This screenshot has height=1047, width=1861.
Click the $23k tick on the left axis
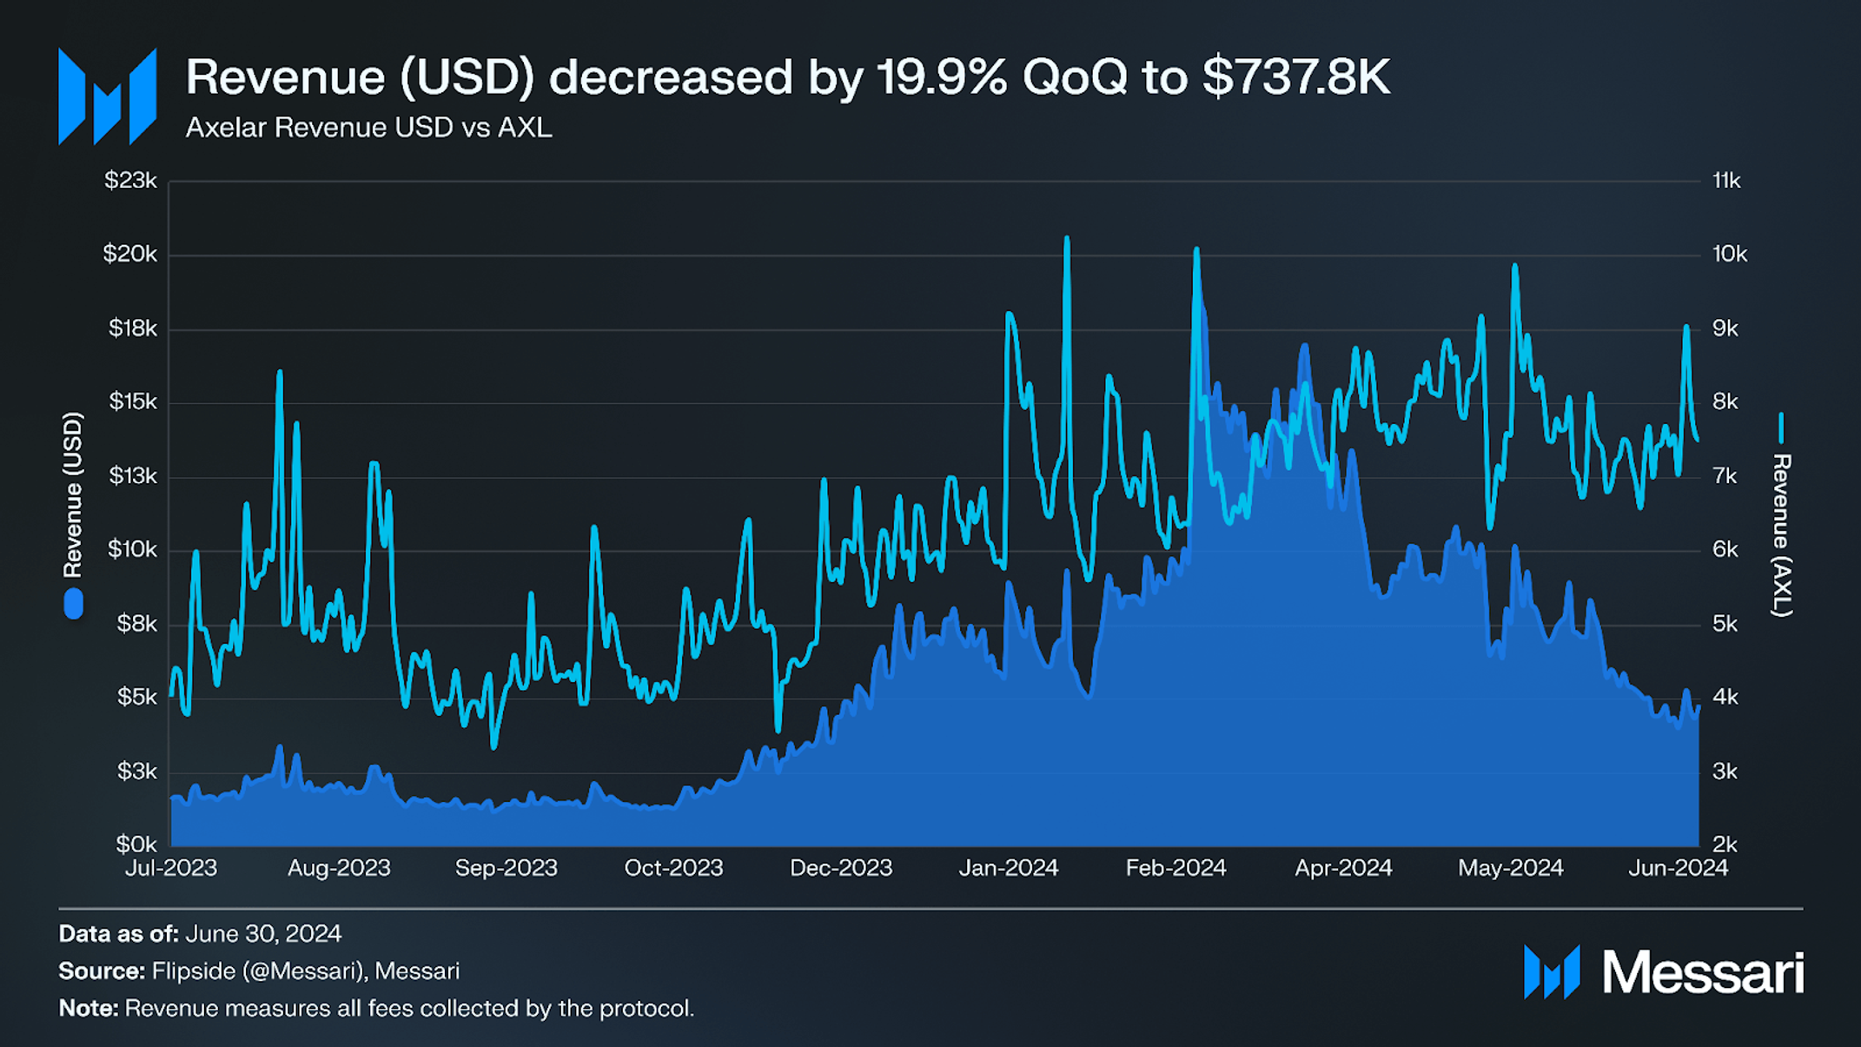tap(130, 181)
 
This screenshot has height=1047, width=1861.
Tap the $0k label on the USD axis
tap(136, 844)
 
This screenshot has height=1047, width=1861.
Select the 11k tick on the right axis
tap(1726, 181)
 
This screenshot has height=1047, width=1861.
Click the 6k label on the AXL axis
tap(1725, 550)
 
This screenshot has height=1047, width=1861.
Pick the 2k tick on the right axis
tap(1725, 844)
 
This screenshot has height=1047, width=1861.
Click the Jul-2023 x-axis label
tap(171, 868)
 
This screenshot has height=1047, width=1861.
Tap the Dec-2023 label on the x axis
tap(840, 868)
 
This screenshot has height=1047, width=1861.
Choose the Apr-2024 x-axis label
tap(1343, 868)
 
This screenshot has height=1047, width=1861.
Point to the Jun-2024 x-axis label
tap(1678, 868)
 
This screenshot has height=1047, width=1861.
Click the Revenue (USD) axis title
tap(73, 494)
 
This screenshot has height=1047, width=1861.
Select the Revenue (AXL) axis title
tap(1781, 534)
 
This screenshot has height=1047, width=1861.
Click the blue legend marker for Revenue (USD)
tap(74, 604)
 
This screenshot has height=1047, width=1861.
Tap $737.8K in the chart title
tap(1296, 77)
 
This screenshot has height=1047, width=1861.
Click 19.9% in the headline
tap(942, 77)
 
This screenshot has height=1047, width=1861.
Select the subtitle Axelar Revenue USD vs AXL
tap(368, 128)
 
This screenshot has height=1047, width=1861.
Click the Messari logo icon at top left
tap(107, 96)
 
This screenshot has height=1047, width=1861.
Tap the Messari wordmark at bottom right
tap(1703, 972)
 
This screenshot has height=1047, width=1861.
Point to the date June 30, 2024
tap(263, 934)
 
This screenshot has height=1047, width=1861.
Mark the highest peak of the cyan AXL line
tap(1067, 238)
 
